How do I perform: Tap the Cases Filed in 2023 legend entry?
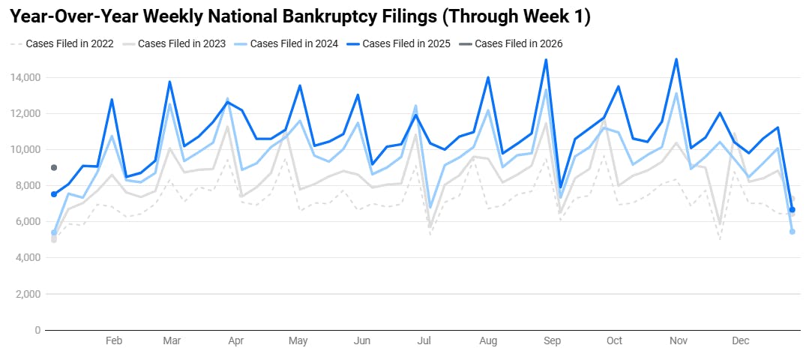pos(178,43)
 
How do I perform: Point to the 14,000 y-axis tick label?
pos(24,77)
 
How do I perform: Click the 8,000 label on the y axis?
pos(26,185)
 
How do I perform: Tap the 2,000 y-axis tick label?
pos(26,294)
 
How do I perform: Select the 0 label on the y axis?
pos(37,330)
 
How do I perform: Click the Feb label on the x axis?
pos(113,341)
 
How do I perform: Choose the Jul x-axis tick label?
pos(424,341)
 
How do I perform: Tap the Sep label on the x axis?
pos(552,341)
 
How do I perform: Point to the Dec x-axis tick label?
pos(740,341)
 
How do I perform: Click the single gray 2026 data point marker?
pos(54,167)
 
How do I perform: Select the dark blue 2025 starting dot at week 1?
pos(54,194)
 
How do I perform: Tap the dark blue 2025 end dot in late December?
pos(793,210)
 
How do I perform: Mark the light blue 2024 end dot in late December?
pos(793,232)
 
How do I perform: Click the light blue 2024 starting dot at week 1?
pos(54,232)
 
